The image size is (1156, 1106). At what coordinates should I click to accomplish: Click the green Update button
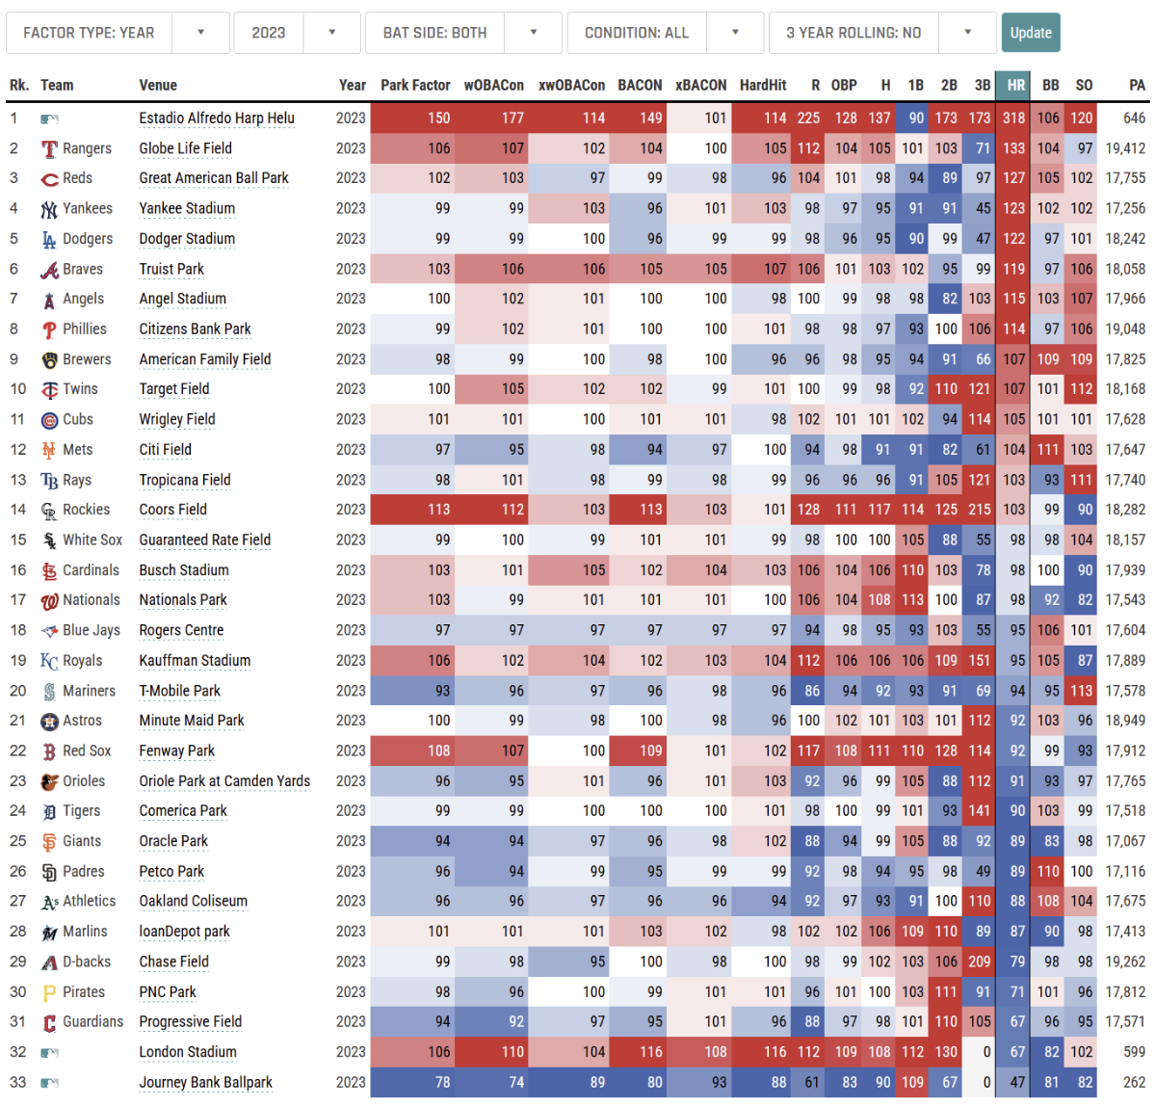pos(1030,33)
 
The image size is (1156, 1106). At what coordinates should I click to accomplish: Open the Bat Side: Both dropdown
pos(463,33)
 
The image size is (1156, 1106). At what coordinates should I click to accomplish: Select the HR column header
pos(1015,85)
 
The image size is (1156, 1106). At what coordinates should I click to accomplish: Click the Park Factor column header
pos(415,85)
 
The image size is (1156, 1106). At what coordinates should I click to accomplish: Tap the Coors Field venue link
pos(172,510)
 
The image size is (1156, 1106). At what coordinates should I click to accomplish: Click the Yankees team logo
pos(49,209)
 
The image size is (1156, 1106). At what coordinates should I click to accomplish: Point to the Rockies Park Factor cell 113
pos(438,510)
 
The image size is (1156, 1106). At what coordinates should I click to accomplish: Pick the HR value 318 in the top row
pos(1013,118)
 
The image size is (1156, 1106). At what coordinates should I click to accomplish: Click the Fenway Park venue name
pos(176,750)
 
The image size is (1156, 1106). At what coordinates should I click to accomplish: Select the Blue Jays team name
pos(92,630)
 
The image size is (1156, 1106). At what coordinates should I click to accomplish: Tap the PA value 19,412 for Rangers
pos(1125,148)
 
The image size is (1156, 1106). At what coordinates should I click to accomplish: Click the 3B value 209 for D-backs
pos(979,961)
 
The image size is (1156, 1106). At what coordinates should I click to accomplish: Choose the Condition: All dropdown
pos(666,33)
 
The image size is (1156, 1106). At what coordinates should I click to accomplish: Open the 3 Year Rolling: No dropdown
pos(882,33)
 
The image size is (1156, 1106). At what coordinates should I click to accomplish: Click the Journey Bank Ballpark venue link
pos(205,1082)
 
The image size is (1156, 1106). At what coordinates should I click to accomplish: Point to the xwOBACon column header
pos(571,85)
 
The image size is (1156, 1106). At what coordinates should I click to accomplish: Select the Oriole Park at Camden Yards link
pos(224,781)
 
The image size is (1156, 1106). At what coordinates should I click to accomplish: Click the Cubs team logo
pos(49,420)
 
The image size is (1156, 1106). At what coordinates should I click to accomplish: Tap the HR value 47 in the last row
pos(1017,1082)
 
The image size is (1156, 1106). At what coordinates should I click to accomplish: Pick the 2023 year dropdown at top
pos(297,33)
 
